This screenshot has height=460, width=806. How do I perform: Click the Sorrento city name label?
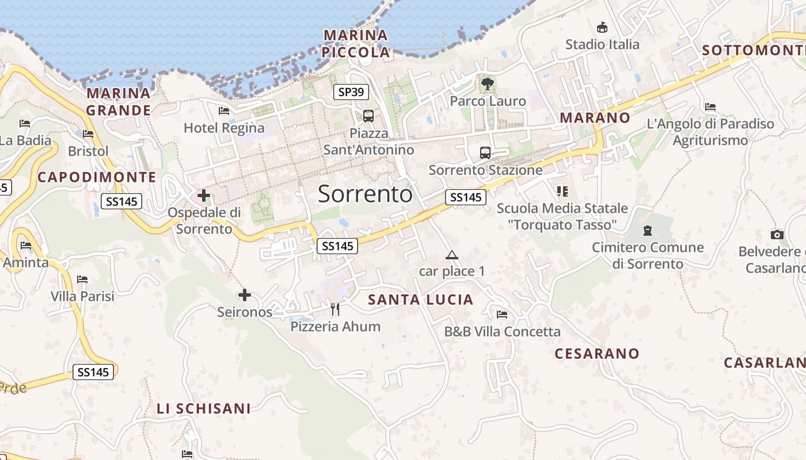coord(365,194)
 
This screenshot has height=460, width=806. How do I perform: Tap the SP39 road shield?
coord(351,92)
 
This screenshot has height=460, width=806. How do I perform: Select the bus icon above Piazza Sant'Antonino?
coord(368,116)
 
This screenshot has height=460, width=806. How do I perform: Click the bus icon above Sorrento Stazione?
coord(485,152)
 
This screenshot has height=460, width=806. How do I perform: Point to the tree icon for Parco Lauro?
coord(488,84)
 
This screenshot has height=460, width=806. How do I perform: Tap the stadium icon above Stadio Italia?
coord(602,27)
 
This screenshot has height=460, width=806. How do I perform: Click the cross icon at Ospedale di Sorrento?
coord(204,195)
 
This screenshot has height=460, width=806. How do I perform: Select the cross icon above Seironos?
coord(245,295)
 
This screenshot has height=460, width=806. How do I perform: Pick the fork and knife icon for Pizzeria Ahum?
coord(335,309)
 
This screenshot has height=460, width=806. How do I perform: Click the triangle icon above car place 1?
coord(452,255)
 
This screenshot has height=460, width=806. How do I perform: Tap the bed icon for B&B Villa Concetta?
coord(502,315)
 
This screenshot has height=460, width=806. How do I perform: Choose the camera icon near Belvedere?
coord(777,235)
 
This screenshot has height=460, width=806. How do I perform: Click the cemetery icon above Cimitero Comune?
coord(648,231)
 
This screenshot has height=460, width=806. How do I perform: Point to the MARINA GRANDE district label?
coord(119,101)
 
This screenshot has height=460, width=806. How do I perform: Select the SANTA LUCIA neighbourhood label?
coord(420,300)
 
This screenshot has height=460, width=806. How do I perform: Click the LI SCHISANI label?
coord(204,409)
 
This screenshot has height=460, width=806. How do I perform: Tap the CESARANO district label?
coord(597,354)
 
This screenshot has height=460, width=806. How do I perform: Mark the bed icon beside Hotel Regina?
coord(224,111)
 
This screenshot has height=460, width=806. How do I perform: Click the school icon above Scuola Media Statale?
coord(562,191)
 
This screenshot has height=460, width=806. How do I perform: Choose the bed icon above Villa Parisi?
coord(82,280)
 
